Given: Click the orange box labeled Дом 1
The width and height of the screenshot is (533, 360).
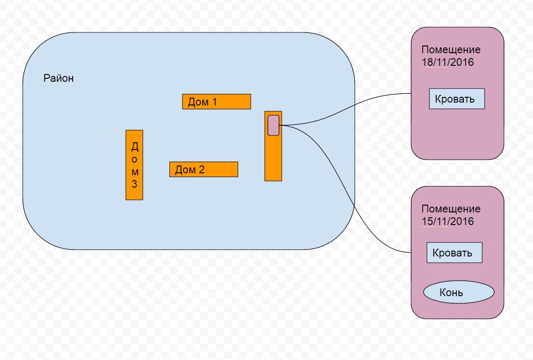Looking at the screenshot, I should (216, 102).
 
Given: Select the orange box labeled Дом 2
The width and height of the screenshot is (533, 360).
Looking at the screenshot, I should (204, 169).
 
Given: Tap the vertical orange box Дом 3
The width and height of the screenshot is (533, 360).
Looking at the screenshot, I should (134, 165).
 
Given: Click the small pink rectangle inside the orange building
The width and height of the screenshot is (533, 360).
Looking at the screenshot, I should (274, 125).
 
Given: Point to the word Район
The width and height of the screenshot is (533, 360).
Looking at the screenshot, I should (59, 78).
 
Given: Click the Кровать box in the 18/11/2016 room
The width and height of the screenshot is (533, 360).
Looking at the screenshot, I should (457, 99).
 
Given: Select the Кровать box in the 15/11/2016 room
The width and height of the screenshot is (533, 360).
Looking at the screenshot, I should (454, 253).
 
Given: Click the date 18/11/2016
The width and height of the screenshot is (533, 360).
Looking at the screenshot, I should (447, 62).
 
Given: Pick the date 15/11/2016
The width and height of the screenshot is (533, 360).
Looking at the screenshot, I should (447, 222).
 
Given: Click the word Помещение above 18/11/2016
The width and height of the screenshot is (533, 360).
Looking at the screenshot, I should (451, 50).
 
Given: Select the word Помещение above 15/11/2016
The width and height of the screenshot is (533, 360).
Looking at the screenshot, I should (451, 209).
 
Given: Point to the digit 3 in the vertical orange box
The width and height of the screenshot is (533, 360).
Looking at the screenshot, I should (135, 184).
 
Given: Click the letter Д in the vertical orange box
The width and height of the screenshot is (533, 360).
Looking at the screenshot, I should (135, 147).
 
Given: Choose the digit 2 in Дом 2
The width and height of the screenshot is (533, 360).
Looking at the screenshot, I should (201, 170).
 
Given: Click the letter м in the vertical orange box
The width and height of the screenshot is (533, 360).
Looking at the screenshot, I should (135, 172).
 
